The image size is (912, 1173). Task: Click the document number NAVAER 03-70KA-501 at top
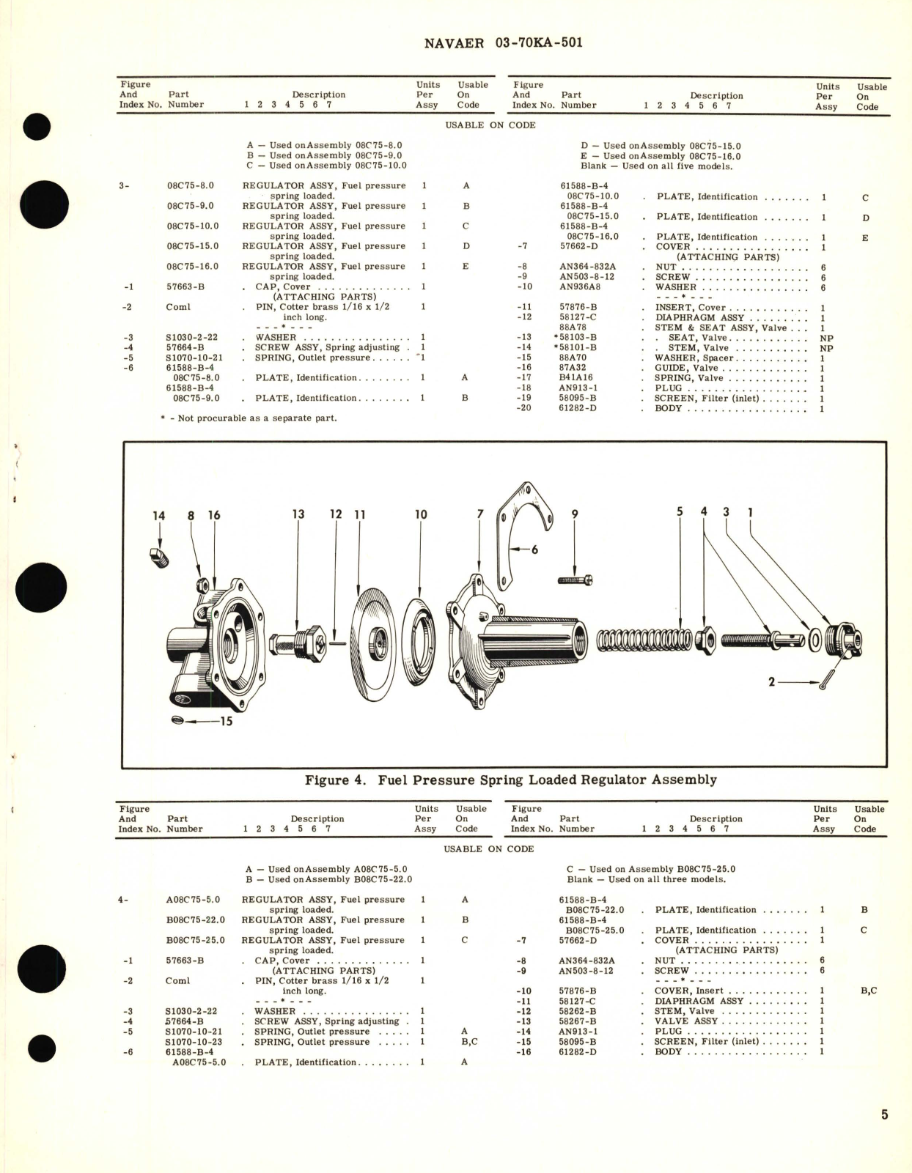click(x=503, y=42)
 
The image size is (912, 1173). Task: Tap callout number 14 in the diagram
click(x=158, y=516)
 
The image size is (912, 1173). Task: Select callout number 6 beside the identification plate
click(x=534, y=549)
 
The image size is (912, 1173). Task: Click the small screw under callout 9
click(x=575, y=580)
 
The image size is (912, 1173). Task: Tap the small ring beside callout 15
click(x=176, y=721)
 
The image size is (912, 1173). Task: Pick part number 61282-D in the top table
click(x=578, y=409)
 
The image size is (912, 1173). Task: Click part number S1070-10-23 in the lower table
click(x=194, y=1042)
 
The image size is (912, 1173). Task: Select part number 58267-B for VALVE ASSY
click(x=577, y=1021)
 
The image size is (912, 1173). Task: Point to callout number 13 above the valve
click(x=298, y=514)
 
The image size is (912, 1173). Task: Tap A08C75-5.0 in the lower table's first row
click(x=194, y=900)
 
